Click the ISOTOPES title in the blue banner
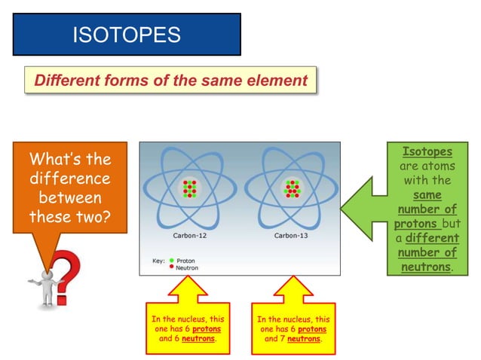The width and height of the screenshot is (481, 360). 127,34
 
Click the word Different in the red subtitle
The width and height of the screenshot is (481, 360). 68,81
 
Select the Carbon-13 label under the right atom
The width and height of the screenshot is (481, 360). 290,236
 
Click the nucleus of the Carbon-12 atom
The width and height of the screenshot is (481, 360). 190,189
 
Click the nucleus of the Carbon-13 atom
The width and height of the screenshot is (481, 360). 291,189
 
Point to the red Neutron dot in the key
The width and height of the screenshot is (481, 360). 171,267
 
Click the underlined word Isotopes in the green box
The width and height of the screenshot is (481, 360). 427,152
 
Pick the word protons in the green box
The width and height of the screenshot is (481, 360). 415,224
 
